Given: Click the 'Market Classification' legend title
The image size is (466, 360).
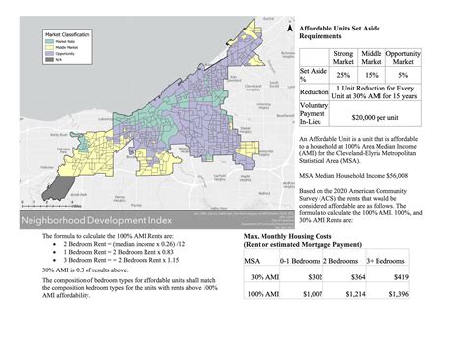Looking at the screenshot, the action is pos(66,33).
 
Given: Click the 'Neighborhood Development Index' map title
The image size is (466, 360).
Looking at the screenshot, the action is pos(92,222).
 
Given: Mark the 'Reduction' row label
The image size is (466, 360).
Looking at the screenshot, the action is pos(313,91).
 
